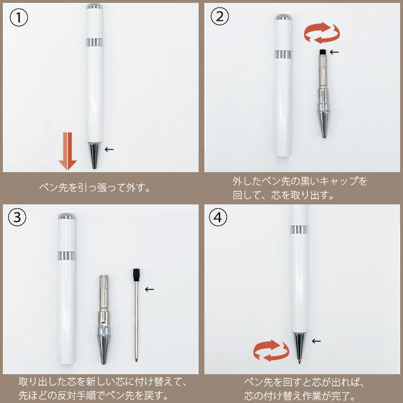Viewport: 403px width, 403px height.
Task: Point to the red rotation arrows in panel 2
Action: [322, 33]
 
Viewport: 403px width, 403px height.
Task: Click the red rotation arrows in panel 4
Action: [271, 350]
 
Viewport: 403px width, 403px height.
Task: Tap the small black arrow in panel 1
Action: [109, 149]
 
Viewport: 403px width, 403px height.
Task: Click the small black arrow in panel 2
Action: [334, 52]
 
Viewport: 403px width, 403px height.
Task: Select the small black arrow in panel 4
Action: [316, 341]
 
